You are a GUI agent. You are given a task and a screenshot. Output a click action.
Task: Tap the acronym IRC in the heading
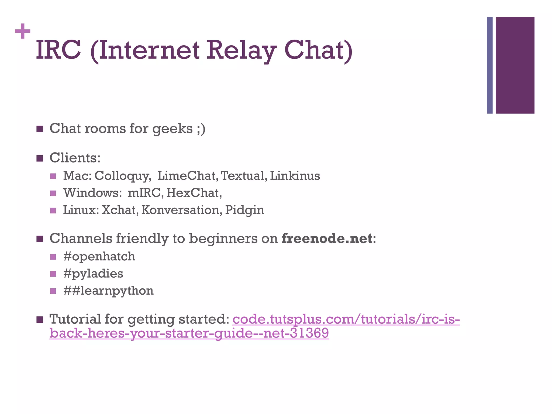[58, 50]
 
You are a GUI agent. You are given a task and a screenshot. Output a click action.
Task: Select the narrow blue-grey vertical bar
[489, 65]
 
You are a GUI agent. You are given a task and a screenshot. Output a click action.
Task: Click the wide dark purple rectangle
[515, 65]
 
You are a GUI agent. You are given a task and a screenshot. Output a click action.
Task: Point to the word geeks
[172, 129]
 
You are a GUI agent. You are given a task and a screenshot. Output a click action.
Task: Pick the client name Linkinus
[295, 176]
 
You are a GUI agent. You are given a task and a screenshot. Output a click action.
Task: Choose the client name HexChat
[194, 193]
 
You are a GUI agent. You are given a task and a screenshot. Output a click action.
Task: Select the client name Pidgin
[244, 210]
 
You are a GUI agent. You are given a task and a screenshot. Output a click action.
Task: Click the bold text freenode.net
[327, 239]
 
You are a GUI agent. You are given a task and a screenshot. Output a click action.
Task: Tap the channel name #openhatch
[99, 257]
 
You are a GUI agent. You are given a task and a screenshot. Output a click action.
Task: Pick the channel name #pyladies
[93, 274]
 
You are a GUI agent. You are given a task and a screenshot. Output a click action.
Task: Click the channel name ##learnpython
[108, 291]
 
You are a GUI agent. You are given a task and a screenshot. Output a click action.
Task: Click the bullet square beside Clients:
[40, 158]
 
